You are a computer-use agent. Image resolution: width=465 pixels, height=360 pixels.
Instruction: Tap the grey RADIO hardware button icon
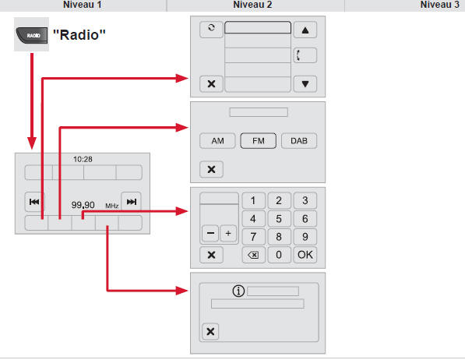[32, 37]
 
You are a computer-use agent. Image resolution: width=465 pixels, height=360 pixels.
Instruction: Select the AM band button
[217, 142]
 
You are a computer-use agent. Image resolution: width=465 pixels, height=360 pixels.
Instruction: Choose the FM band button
[257, 142]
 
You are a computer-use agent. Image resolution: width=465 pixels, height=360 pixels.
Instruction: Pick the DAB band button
[299, 142]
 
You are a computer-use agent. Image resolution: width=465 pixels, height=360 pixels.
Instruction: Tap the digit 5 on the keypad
[278, 218]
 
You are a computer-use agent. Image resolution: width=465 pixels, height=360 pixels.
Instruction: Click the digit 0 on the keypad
[278, 254]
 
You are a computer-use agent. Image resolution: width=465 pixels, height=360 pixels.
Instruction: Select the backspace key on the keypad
[252, 254]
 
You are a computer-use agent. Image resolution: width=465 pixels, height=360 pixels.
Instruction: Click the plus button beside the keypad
[227, 234]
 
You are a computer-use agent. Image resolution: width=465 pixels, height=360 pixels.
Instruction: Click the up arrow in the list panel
[305, 31]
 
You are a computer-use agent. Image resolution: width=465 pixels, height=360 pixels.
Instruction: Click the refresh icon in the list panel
[210, 29]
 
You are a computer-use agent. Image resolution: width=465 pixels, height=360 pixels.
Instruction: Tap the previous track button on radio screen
[34, 202]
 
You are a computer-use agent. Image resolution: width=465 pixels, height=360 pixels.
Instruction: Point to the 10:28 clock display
[83, 158]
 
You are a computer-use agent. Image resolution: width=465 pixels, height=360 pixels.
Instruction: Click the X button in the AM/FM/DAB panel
[211, 168]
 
